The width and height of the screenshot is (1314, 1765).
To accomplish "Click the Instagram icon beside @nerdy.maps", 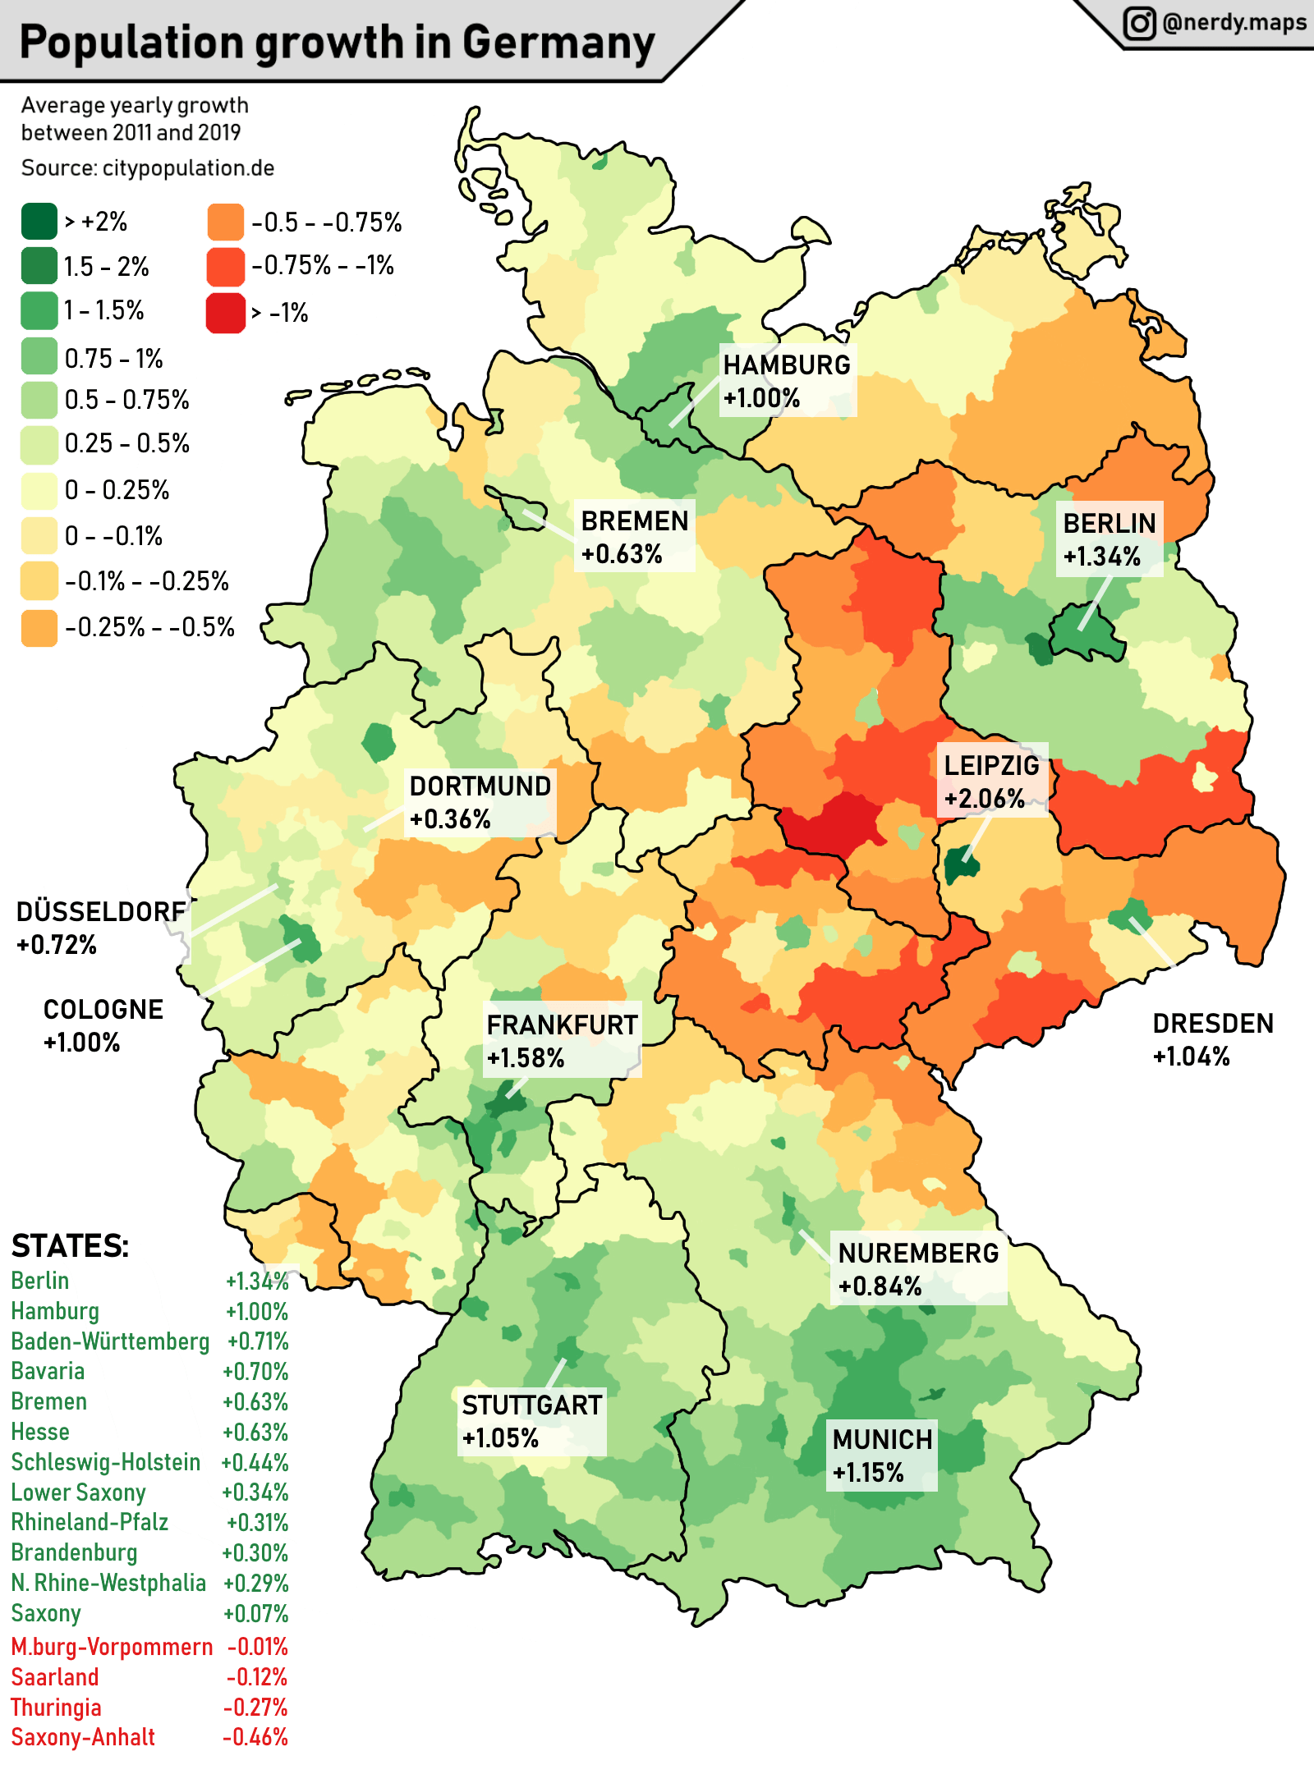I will click(x=1139, y=23).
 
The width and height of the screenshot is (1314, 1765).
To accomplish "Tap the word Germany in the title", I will click(x=558, y=43).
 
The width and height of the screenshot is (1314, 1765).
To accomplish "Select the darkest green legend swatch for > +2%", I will click(x=39, y=221).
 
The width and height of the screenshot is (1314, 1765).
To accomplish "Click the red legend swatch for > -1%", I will click(x=226, y=313).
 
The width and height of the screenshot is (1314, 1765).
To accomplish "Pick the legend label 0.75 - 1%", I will click(x=113, y=359).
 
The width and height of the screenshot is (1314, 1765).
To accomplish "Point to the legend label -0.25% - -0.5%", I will click(x=149, y=628).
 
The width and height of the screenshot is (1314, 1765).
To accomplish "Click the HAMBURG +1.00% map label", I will click(x=787, y=381).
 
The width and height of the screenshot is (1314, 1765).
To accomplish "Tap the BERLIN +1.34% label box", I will click(x=1109, y=539).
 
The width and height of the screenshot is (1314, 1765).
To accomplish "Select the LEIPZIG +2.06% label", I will click(x=991, y=781).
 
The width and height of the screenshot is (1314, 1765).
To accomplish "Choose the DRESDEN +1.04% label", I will click(x=1212, y=1039).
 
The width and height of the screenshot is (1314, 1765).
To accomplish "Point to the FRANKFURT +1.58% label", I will click(x=562, y=1040).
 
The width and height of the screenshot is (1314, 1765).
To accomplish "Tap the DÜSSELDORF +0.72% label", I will click(x=100, y=928).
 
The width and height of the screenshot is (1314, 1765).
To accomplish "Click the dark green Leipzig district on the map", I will click(x=960, y=866).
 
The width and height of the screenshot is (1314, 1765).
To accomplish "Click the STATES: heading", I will click(x=70, y=1246).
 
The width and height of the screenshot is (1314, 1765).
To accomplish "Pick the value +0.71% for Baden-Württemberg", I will click(x=258, y=1341).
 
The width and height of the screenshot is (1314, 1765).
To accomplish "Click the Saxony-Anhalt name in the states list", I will click(x=83, y=1737).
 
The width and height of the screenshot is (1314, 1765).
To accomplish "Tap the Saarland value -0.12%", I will click(x=257, y=1677).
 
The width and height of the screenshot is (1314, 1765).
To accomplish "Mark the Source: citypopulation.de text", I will click(x=148, y=168).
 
